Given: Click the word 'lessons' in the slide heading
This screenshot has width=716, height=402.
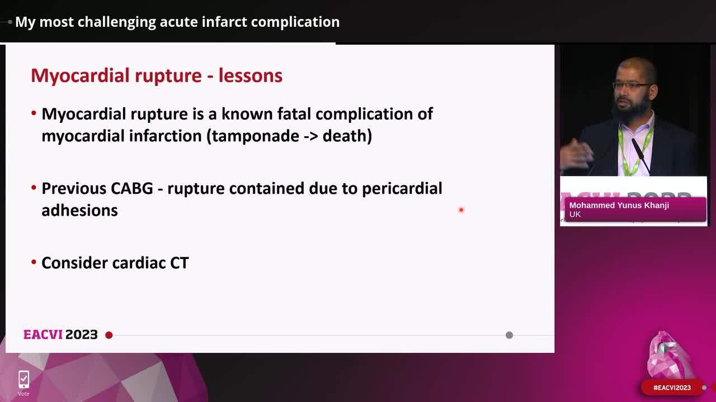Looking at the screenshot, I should pos(250,75).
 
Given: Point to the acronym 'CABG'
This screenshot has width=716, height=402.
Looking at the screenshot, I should pos(131,188).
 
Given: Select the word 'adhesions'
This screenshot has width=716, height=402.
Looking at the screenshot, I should pos(79,210).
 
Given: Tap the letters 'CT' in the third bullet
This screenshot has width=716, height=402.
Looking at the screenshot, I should pos(179,263).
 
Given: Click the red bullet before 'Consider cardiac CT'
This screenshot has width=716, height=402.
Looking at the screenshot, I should pos(34,262).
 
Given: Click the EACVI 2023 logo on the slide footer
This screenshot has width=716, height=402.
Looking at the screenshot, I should pos(60,334).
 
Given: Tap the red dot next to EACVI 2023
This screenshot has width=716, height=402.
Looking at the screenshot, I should pos(109,335).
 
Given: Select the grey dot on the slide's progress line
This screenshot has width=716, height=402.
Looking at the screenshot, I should pos(509,335).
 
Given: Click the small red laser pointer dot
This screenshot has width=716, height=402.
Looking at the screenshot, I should pos(461,210).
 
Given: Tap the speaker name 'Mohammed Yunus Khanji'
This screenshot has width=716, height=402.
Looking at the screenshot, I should pos(619,205).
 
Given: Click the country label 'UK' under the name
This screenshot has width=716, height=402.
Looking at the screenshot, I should pos(575,214).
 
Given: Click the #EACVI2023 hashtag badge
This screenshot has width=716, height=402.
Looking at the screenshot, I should pos(672,387).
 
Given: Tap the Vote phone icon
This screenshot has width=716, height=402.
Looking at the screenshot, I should pos(23,380).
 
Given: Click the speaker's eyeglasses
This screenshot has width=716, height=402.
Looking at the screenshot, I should pos(633,85).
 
